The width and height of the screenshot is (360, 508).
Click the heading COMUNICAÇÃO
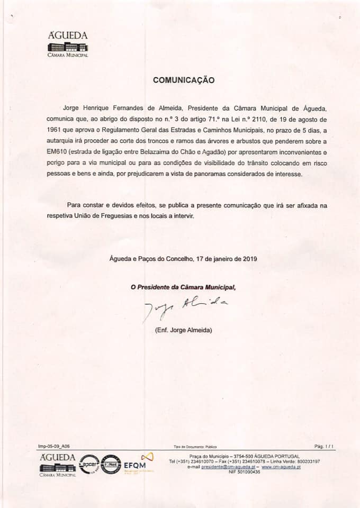(183, 80)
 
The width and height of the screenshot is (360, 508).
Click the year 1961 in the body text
(55, 131)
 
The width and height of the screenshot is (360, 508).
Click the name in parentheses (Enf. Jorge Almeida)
(183, 330)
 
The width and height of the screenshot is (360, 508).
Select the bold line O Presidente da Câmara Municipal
(183, 287)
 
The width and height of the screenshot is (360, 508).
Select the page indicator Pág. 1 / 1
(324, 447)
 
